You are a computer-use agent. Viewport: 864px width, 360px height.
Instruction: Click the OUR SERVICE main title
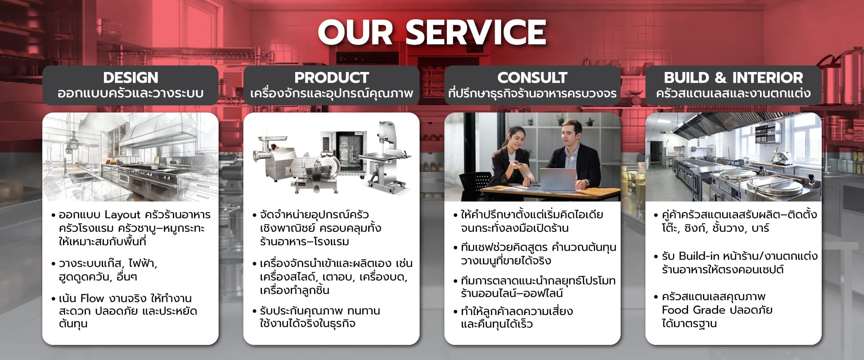pyautogui.click(x=432, y=32)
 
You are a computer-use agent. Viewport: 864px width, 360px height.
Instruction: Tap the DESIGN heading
pyautogui.click(x=130, y=77)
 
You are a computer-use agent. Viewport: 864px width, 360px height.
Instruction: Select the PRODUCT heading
pyautogui.click(x=332, y=77)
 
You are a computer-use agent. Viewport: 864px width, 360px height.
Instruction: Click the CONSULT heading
pyautogui.click(x=532, y=77)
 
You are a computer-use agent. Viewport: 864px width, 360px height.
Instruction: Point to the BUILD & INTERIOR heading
pyautogui.click(x=733, y=77)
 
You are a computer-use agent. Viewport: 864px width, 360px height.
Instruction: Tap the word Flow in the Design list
pyautogui.click(x=92, y=298)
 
